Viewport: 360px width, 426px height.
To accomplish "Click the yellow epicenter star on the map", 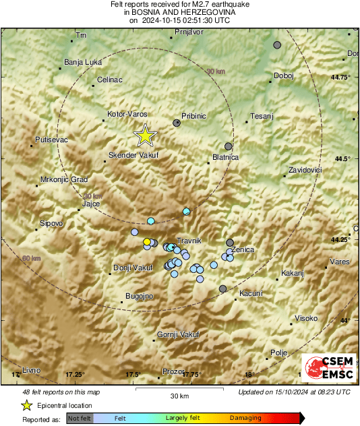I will pyautogui.click(x=144, y=136).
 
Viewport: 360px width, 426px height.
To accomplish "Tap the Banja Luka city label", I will pyautogui.click(x=82, y=63).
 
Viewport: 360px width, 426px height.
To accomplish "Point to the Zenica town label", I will pyautogui.click(x=243, y=249).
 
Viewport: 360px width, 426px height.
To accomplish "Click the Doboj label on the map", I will pyautogui.click(x=284, y=75).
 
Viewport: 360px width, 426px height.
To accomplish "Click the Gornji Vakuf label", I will pyautogui.click(x=176, y=334).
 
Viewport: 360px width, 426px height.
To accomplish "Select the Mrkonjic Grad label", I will pyautogui.click(x=64, y=180).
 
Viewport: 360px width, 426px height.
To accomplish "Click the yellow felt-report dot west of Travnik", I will pyautogui.click(x=146, y=241).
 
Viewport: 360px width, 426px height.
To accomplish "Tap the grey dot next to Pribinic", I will pyautogui.click(x=177, y=123).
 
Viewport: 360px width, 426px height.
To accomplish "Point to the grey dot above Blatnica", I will pyautogui.click(x=229, y=146).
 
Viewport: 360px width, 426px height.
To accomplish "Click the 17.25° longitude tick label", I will pyautogui.click(x=74, y=374).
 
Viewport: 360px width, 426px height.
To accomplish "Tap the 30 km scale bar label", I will pyautogui.click(x=179, y=395).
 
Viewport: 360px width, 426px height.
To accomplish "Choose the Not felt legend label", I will pyautogui.click(x=79, y=418).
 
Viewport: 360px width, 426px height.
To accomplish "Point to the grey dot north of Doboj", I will pyautogui.click(x=277, y=45).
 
